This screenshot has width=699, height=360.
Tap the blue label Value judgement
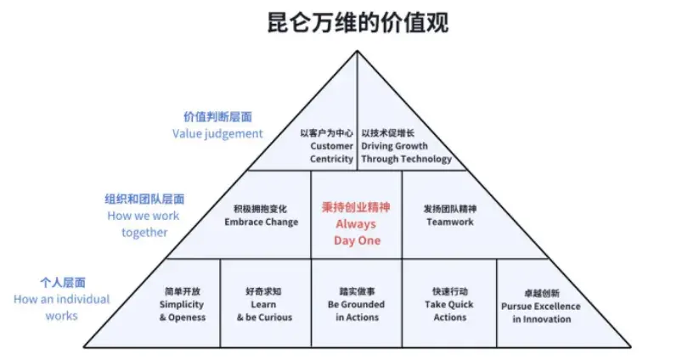(x=217, y=133)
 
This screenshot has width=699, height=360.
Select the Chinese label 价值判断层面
(x=218, y=117)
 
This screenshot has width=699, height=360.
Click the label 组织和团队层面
(x=144, y=200)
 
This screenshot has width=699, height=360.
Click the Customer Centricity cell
(x=331, y=146)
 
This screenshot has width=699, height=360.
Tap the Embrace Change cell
(x=261, y=216)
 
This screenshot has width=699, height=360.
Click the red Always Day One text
(x=357, y=233)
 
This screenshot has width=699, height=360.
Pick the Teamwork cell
(x=449, y=216)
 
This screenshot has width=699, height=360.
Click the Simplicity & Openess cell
(x=182, y=305)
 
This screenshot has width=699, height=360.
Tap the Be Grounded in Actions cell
(x=356, y=305)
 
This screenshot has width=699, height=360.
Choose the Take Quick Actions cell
(x=448, y=305)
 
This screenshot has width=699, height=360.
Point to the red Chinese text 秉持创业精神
(x=357, y=207)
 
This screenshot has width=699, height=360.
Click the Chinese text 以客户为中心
(x=327, y=133)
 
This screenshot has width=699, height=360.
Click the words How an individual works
(x=62, y=307)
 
